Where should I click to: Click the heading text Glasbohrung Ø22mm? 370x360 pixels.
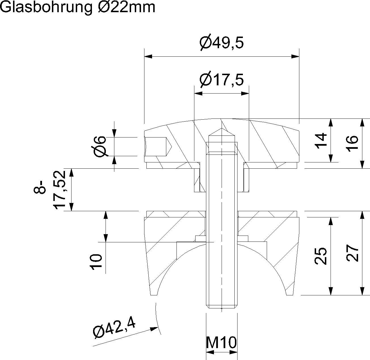78,7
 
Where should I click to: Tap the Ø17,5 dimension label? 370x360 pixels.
222,80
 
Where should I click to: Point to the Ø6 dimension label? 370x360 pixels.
100,146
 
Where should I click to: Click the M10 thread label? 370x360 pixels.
221,343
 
